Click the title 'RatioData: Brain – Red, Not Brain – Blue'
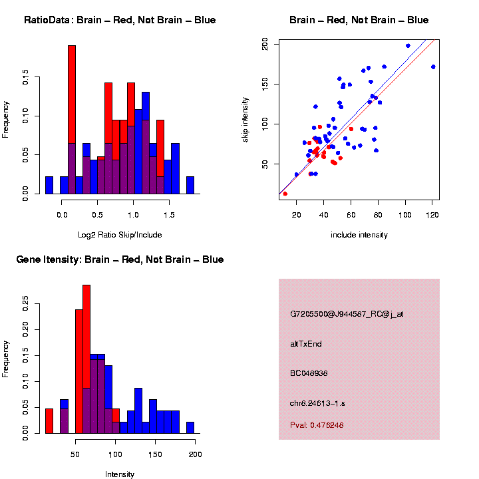click(120, 20)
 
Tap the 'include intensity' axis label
click(359, 235)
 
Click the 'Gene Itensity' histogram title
click(120, 259)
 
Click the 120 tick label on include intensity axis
click(432, 215)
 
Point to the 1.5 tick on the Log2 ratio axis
click(169, 215)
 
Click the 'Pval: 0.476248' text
click(317, 425)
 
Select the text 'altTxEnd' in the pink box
click(306, 344)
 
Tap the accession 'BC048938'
click(309, 373)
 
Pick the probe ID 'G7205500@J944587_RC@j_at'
click(347, 314)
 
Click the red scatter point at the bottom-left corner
click(285, 194)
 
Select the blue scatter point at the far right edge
click(433, 67)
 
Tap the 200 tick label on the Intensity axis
click(196, 454)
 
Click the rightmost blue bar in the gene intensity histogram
click(190, 428)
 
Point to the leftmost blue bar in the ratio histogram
click(49, 186)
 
